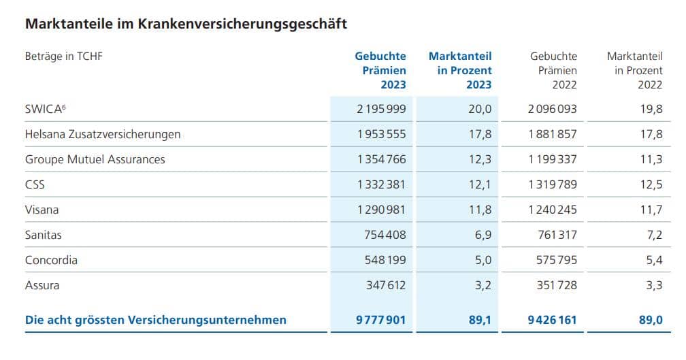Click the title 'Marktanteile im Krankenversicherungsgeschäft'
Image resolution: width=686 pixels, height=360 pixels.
click(x=186, y=24)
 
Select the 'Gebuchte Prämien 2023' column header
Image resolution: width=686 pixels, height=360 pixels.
click(x=380, y=70)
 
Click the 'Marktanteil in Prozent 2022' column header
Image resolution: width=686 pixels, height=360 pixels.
click(x=634, y=70)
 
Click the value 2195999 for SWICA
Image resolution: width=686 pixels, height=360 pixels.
click(x=381, y=109)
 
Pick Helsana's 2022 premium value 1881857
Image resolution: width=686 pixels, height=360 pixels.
click(x=552, y=134)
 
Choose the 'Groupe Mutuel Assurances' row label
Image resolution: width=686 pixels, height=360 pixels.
click(x=95, y=159)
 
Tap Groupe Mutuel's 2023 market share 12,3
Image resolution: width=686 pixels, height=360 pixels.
click(x=479, y=159)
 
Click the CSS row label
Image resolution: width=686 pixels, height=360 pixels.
click(x=35, y=184)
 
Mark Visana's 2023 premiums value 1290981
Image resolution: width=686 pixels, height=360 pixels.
click(x=381, y=210)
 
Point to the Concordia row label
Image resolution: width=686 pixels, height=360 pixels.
click(x=51, y=260)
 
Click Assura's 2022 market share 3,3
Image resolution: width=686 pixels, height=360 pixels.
click(x=653, y=285)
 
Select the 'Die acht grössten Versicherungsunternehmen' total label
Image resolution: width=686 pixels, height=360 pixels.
click(x=156, y=319)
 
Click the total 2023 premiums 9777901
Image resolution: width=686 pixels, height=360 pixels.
click(x=380, y=319)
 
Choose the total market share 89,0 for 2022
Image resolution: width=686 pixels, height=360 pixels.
click(x=649, y=319)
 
